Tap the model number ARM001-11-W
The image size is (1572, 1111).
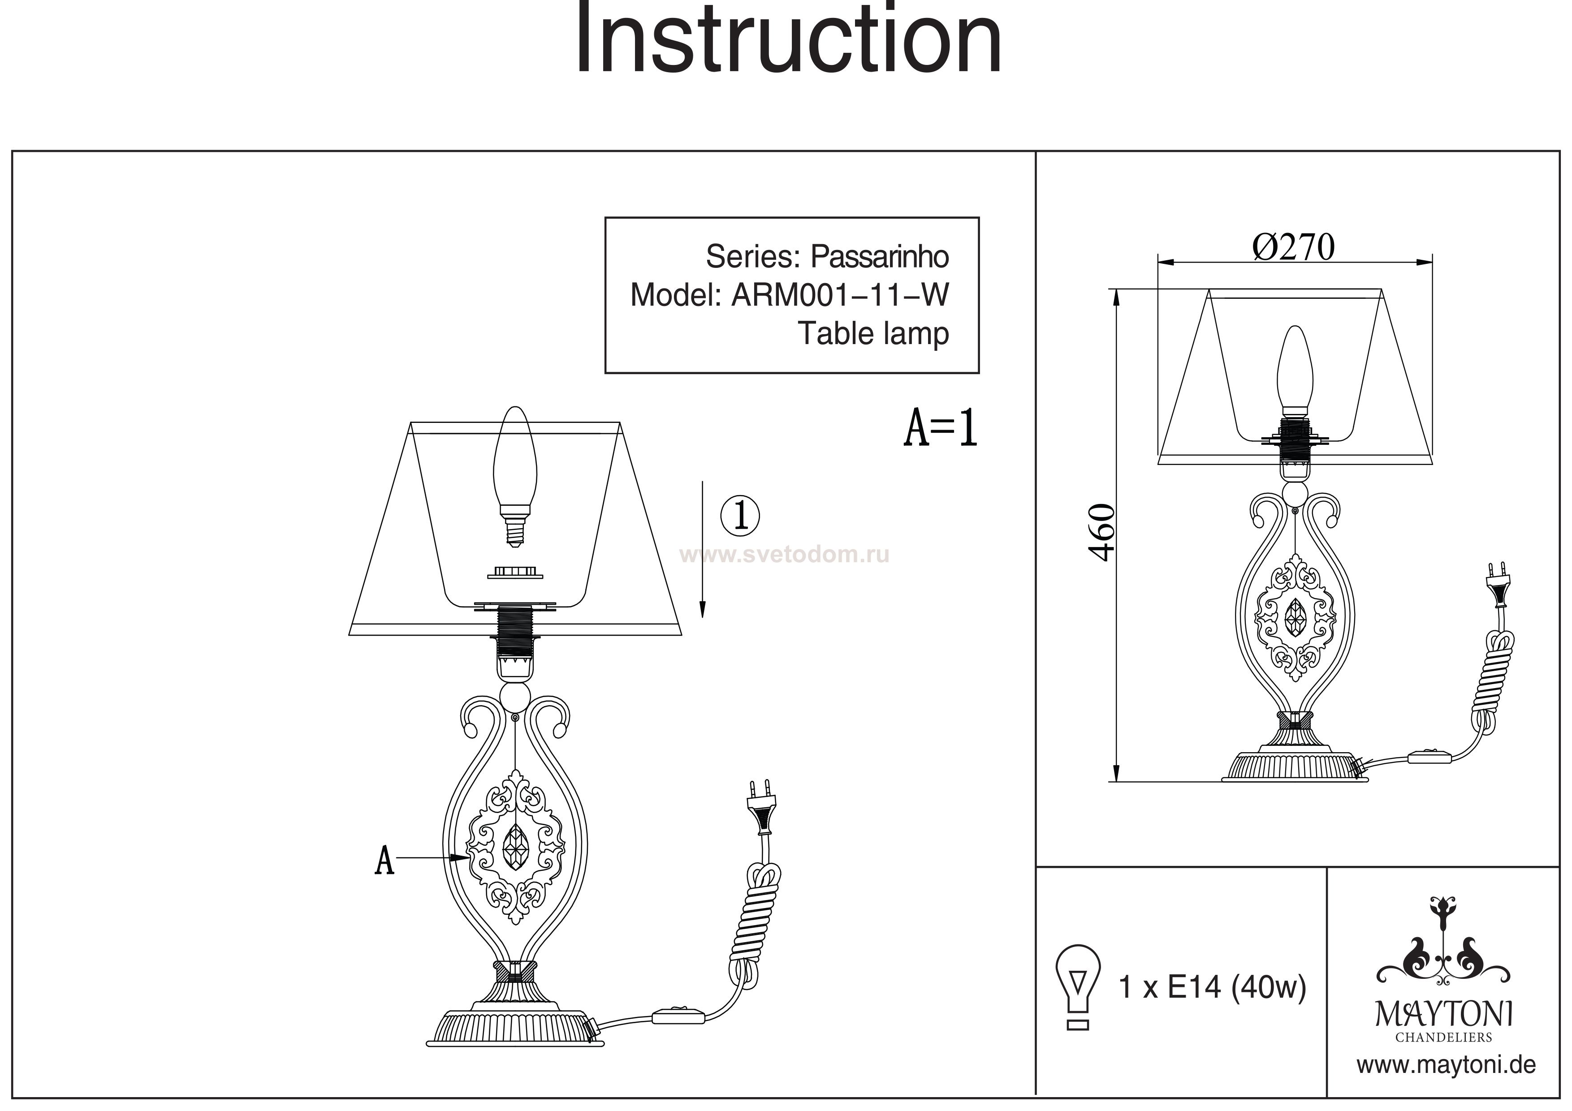coord(840,296)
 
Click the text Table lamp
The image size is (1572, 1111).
coord(873,334)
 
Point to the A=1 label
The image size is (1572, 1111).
coord(940,429)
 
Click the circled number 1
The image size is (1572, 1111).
coord(740,516)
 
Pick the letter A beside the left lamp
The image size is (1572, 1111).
coord(385,861)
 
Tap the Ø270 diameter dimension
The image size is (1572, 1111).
coord(1293,248)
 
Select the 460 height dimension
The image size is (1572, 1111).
coord(1101,533)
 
